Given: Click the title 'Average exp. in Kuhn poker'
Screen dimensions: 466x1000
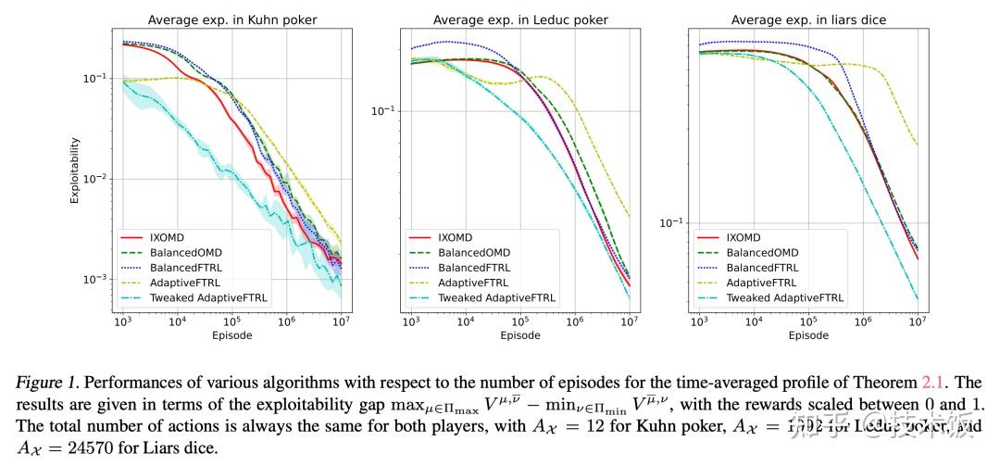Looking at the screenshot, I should tap(231, 19).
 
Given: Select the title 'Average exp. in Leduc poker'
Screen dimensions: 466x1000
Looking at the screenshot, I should tap(519, 19).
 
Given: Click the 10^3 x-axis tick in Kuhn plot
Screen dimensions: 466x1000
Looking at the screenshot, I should tap(122, 321).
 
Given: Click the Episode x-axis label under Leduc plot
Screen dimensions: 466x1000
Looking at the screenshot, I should tap(519, 335).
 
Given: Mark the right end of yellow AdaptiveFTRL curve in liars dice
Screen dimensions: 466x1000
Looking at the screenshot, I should tap(918, 145).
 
